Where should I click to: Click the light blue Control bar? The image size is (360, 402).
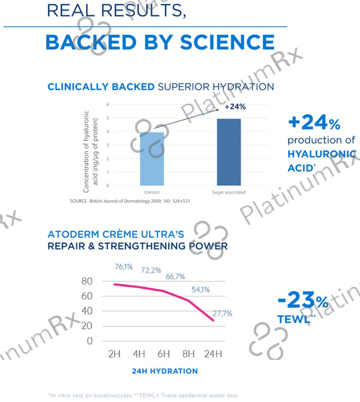152,159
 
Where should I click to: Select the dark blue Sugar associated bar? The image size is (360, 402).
229,152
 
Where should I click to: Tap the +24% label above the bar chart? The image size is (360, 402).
235,106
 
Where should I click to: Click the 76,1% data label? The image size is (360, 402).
124,267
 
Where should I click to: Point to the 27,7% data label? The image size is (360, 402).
222,313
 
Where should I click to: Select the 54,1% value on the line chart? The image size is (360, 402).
200,290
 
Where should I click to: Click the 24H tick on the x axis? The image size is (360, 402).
213,354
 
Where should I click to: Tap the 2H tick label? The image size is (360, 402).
114,354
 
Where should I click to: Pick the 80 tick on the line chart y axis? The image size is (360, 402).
87,281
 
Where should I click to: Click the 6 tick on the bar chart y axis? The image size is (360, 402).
107,105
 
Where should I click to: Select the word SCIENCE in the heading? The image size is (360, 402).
227,42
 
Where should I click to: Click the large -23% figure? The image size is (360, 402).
303,300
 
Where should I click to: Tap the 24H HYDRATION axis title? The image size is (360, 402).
165,371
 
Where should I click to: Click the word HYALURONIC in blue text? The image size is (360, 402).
322,154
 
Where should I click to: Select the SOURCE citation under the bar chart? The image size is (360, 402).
130,201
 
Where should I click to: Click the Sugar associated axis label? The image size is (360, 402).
229,192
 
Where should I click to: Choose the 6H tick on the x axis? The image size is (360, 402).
164,354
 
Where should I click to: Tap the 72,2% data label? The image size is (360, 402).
151,270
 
